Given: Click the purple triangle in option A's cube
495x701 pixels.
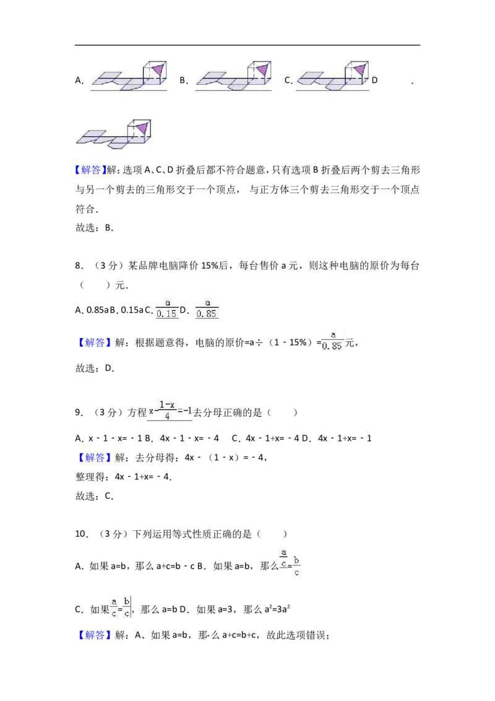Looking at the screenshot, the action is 158,70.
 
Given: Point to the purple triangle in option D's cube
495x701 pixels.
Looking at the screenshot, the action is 142,128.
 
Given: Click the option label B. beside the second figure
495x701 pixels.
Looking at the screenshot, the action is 184,81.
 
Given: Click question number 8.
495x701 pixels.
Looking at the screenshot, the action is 79,266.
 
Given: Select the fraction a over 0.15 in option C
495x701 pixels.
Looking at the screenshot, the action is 167,309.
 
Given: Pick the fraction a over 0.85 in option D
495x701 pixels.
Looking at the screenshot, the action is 207,309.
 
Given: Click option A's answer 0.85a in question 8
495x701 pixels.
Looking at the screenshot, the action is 92,310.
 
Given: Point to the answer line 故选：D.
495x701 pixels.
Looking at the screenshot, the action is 95,368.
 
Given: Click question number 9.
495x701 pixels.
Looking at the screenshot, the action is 79,412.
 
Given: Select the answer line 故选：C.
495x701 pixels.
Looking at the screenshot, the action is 94,496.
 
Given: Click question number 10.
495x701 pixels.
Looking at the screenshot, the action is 81,534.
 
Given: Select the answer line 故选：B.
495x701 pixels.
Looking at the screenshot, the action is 94,227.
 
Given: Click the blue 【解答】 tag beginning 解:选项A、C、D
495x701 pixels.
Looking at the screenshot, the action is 91,170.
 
